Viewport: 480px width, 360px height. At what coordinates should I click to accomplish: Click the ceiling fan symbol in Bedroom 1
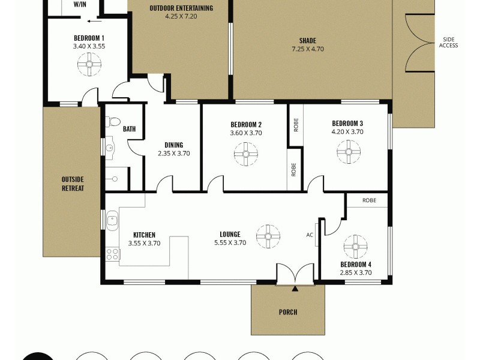pos(89,64)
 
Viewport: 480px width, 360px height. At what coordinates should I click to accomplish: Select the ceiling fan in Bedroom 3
pos(349,152)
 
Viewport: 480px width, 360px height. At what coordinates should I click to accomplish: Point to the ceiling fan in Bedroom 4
pos(355,247)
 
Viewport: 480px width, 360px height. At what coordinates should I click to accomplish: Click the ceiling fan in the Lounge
pos(268,236)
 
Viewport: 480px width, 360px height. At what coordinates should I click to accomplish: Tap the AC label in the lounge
pos(310,235)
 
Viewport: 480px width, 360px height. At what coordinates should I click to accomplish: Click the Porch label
pos(288,312)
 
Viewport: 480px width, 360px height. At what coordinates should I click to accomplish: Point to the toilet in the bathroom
pos(113,122)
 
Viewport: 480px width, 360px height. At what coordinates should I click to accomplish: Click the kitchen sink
pos(112,221)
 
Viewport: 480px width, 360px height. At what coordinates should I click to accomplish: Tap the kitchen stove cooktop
pos(113,254)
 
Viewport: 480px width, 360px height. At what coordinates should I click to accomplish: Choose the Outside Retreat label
pos(72,184)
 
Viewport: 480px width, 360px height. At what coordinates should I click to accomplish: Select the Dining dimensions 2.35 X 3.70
pos(173,153)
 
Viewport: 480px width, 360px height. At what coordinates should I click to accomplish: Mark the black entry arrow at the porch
pos(295,289)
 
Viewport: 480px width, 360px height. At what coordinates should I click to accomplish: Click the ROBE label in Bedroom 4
pos(369,200)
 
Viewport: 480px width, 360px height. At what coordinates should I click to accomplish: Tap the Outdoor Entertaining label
pos(181,8)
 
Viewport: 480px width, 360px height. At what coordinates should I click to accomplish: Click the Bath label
pos(129,129)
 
